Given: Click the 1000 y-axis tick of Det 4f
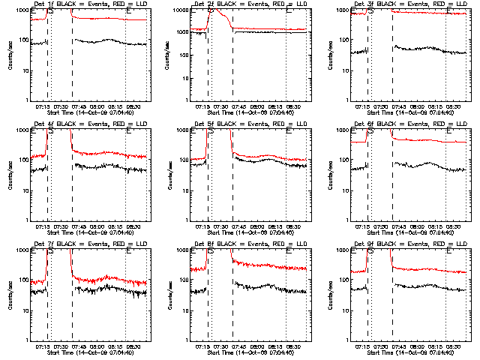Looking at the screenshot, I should pos(23,130).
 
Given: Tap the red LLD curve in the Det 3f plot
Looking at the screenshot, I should pos(420,13).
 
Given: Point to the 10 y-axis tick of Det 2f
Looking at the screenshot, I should pos(187,70).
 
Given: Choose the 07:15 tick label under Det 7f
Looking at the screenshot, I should pos(42,346).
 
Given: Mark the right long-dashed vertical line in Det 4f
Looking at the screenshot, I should pos(72,172).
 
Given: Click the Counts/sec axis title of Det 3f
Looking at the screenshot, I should pos(331,55).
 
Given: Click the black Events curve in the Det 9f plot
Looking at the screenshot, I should pos(420,286).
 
